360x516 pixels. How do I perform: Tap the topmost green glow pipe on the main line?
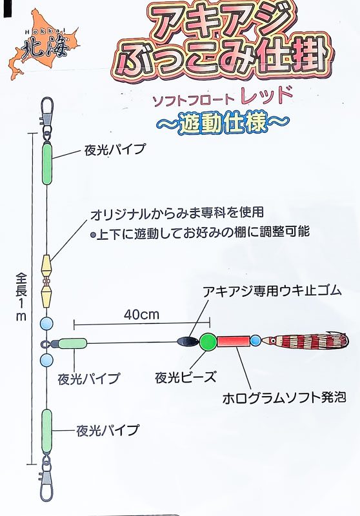pos(47,164)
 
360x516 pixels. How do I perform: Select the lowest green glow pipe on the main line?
pos(46,432)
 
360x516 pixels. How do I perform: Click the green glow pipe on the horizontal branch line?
pos(73,344)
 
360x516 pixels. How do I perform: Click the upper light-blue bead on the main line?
pos(46,324)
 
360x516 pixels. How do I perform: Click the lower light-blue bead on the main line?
pos(46,361)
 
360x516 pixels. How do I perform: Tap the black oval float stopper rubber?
pos(187,341)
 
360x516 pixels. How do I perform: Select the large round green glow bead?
pos(208,342)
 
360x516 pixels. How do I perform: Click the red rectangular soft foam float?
pos(234,341)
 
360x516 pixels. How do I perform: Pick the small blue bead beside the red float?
pos(255,341)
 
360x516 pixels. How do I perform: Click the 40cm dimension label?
pos(141,315)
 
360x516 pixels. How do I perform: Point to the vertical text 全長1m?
pos(21,297)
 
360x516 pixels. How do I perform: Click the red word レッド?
pos(266,95)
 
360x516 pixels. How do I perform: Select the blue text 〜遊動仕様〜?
pos(223,123)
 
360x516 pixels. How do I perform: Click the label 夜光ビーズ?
pos(186,377)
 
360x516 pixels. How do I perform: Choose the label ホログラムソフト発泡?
pos(285,398)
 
